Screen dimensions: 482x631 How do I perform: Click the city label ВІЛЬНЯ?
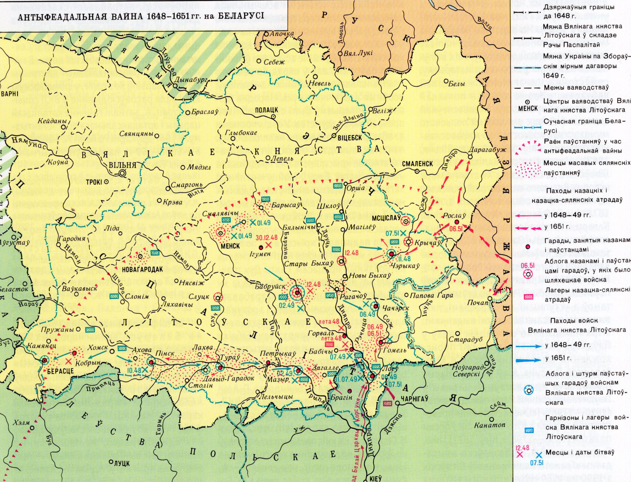(x=122, y=165)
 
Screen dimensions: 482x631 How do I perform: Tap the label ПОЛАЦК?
(x=266, y=110)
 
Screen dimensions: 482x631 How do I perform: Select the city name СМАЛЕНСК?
(x=417, y=164)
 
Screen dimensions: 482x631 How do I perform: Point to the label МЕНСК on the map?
(x=230, y=246)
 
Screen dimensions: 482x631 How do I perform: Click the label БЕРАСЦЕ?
(x=60, y=371)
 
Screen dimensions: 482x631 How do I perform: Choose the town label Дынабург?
(x=191, y=80)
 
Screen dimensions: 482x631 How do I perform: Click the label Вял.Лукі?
(x=358, y=53)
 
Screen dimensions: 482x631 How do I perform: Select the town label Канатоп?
(x=489, y=425)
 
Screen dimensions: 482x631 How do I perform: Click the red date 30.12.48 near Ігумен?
(x=266, y=238)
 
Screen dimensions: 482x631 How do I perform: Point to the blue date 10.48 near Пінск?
(x=134, y=370)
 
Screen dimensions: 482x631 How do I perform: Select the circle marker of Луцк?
(x=111, y=462)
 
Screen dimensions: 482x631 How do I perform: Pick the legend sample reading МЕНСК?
(x=528, y=108)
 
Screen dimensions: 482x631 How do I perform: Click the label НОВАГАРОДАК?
(x=142, y=270)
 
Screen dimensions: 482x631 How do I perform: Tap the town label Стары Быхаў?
(x=309, y=264)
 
